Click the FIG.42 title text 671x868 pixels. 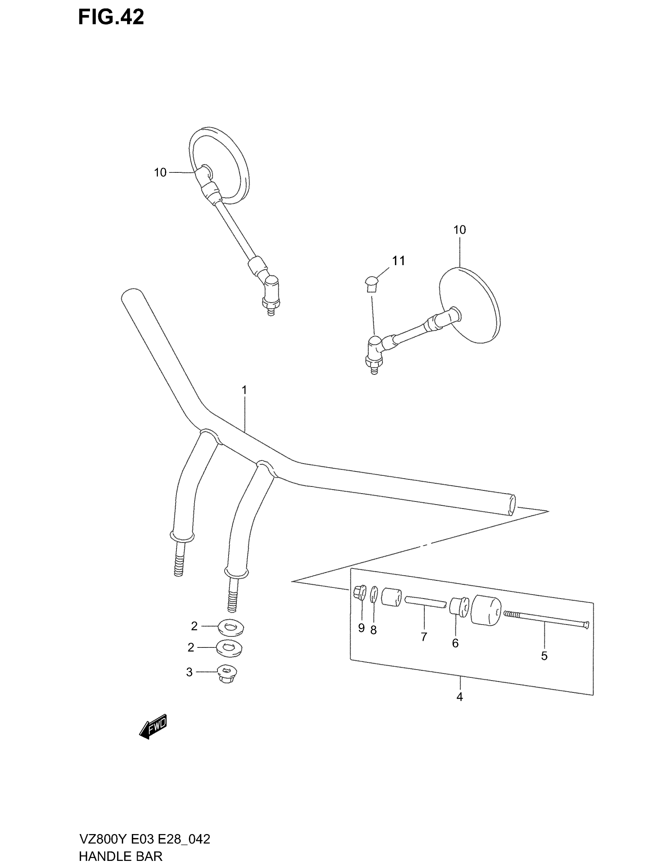(111, 17)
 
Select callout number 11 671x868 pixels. (398, 261)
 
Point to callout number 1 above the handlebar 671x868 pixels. (244, 390)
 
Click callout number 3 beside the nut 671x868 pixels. (189, 672)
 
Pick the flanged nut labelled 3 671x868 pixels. (226, 673)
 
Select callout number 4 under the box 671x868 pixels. (459, 697)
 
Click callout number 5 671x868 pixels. (544, 656)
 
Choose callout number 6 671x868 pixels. (455, 643)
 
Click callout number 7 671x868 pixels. (424, 637)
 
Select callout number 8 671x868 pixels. (373, 630)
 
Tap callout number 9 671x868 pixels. (361, 628)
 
